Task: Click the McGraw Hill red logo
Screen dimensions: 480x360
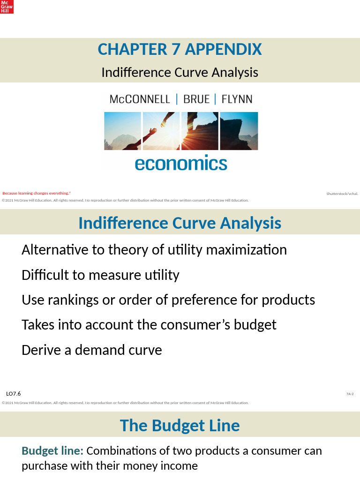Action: click(x=7, y=7)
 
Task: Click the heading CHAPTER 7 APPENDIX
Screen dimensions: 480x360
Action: click(x=180, y=49)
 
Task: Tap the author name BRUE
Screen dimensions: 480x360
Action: click(x=196, y=99)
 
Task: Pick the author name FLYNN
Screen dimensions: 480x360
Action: click(x=237, y=99)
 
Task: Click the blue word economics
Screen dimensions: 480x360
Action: click(x=181, y=164)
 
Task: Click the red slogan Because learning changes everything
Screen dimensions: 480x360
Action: click(x=36, y=193)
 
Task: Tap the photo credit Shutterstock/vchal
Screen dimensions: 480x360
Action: click(x=342, y=193)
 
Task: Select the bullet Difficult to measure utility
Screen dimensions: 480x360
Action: click(x=100, y=275)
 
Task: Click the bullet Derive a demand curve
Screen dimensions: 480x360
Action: click(x=91, y=350)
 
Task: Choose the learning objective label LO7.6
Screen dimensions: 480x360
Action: click(x=13, y=394)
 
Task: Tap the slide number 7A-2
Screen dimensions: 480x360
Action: click(x=350, y=394)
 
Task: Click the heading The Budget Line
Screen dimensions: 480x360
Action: click(x=180, y=426)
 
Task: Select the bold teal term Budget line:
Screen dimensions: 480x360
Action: click(x=52, y=451)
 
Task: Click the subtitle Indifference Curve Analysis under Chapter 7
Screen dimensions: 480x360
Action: click(x=180, y=73)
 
